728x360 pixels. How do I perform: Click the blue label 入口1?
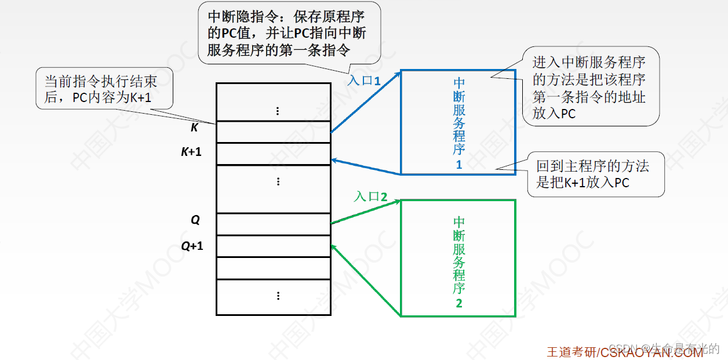[364, 80]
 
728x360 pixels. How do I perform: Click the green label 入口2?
[370, 197]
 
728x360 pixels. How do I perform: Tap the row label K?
[195, 128]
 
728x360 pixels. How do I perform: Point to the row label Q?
[195, 220]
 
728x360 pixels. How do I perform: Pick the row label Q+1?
[192, 246]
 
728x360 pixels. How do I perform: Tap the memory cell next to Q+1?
[274, 246]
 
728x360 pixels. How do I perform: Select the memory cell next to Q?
[274, 224]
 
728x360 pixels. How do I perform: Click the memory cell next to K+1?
[274, 154]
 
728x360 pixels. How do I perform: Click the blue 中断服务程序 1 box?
[457, 122]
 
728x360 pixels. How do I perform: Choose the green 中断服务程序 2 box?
[457, 258]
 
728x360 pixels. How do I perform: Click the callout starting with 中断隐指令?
[288, 34]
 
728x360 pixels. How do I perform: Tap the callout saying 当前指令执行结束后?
[104, 90]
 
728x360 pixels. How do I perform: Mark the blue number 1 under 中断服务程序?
[459, 165]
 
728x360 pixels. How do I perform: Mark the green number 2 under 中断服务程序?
[459, 303]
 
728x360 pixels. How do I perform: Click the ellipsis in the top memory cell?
[278, 111]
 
